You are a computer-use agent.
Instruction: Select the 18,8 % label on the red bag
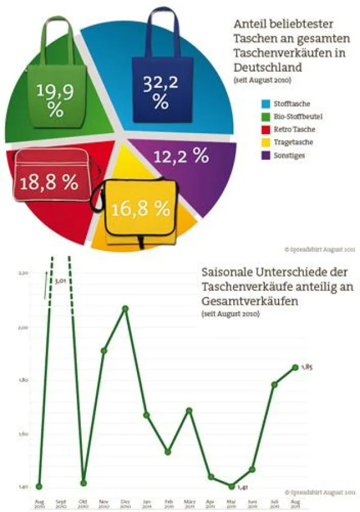pyautogui.click(x=49, y=182)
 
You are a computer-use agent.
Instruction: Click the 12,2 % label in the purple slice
pyautogui.click(x=181, y=156)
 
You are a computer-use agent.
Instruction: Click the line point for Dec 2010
pyautogui.click(x=125, y=308)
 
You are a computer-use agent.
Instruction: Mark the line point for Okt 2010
pyautogui.click(x=83, y=483)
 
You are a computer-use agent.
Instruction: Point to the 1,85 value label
pyautogui.click(x=307, y=368)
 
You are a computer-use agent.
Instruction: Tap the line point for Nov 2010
pyautogui.click(x=104, y=350)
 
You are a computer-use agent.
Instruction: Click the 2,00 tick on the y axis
pyautogui.click(x=23, y=328)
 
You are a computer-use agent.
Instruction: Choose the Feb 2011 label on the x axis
pyautogui.click(x=168, y=503)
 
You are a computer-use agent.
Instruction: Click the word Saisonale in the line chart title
pyautogui.click(x=226, y=272)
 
